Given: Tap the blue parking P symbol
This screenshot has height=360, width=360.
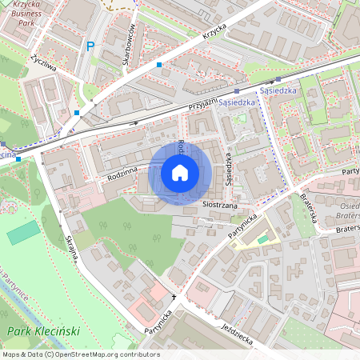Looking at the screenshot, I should pos(90,46).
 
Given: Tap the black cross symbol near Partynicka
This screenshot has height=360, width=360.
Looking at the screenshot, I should pos(173,297).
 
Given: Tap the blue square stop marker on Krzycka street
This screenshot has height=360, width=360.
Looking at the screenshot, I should pos(160,64).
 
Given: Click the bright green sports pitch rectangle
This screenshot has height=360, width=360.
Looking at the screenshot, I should pos(24,234).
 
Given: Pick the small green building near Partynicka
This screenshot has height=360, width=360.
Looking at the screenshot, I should pos(263,239).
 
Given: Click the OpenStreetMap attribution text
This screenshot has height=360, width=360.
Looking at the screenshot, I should pos(80,354).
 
